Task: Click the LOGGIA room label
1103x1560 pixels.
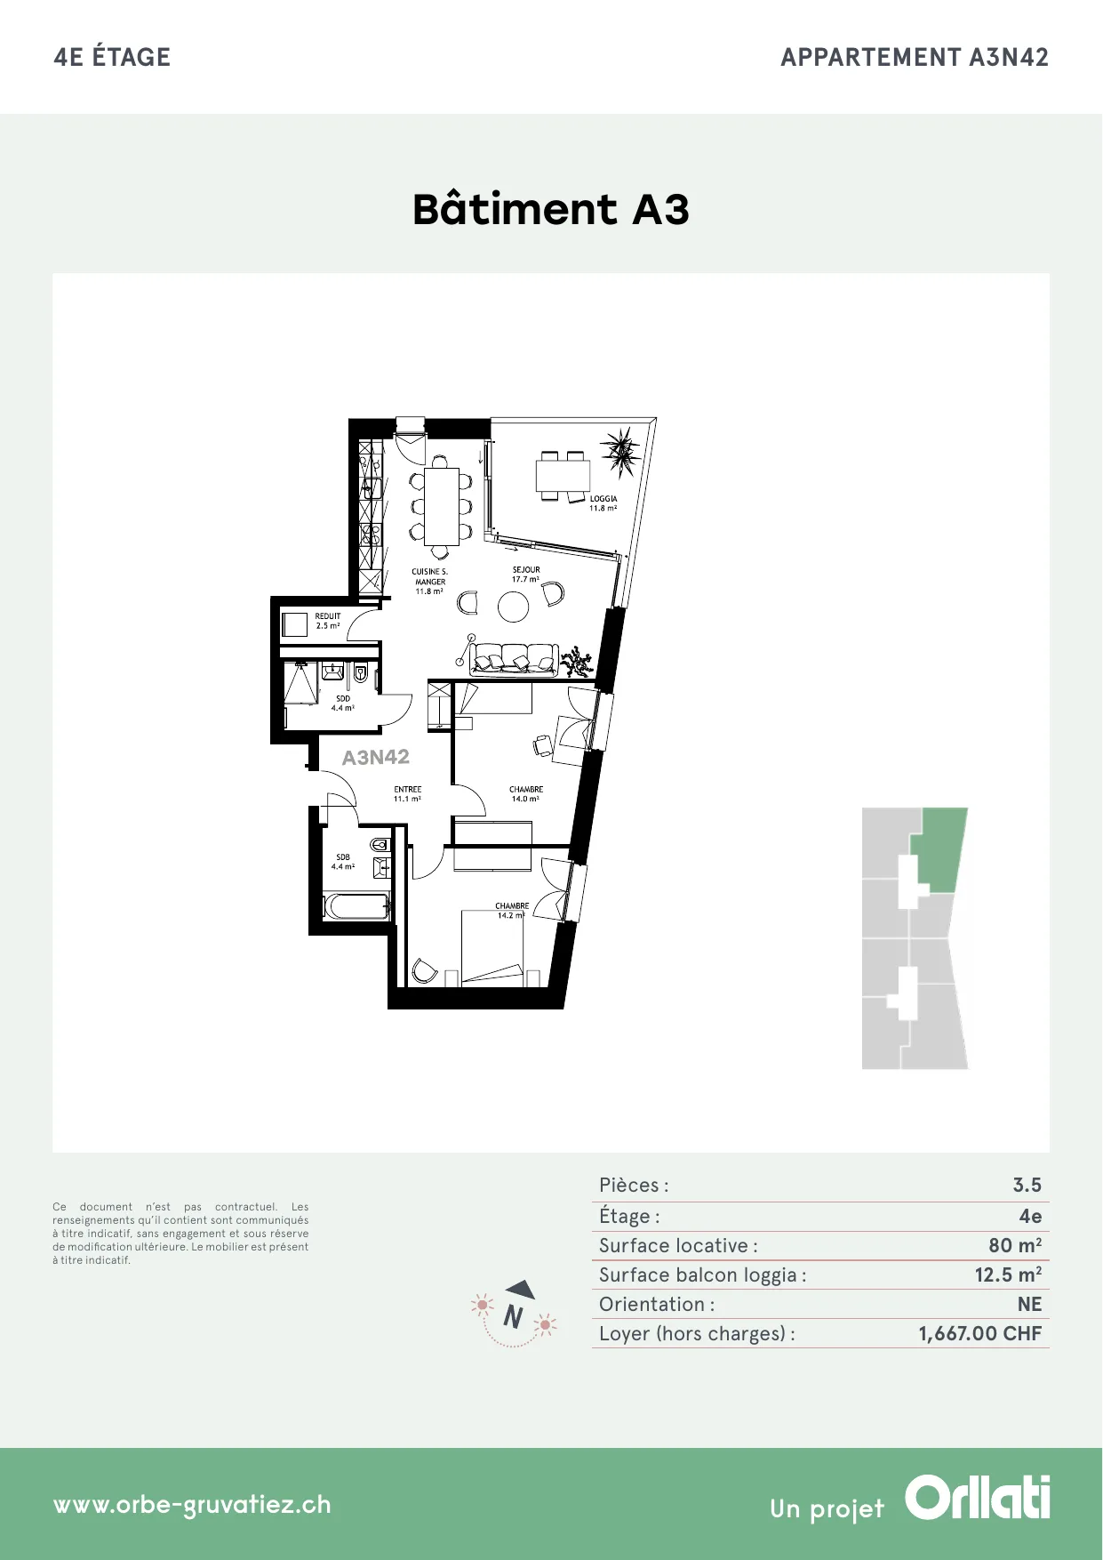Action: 603,503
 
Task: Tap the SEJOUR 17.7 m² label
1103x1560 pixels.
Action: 526,575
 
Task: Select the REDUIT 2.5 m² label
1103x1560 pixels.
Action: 328,621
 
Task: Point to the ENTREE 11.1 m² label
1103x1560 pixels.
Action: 408,794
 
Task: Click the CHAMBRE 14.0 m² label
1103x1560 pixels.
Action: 526,794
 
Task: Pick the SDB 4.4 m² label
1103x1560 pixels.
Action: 343,862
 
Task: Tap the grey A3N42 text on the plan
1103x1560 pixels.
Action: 376,758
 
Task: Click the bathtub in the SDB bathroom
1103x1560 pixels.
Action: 356,906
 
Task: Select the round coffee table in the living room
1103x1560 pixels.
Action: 514,607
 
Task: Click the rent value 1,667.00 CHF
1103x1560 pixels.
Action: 980,1334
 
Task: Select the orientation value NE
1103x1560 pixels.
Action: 1030,1305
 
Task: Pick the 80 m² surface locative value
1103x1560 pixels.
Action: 1015,1246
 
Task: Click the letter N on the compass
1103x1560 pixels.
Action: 513,1316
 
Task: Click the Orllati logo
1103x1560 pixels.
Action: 978,1498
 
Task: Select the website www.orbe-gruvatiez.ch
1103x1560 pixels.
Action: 192,1505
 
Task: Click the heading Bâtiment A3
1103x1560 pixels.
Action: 551,209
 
